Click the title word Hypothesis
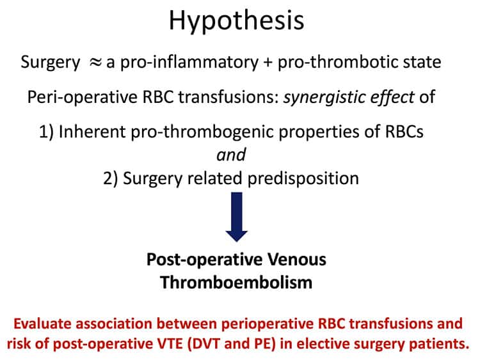tap(236, 21)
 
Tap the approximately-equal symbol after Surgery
tap(95, 63)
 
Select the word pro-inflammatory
tap(189, 63)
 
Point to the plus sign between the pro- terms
tap(268, 63)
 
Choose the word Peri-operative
tap(83, 98)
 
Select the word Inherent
tap(92, 132)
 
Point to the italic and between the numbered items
tap(231, 155)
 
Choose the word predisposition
tap(303, 178)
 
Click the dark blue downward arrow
tap(237, 217)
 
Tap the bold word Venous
tap(297, 260)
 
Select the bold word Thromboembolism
tap(236, 283)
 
